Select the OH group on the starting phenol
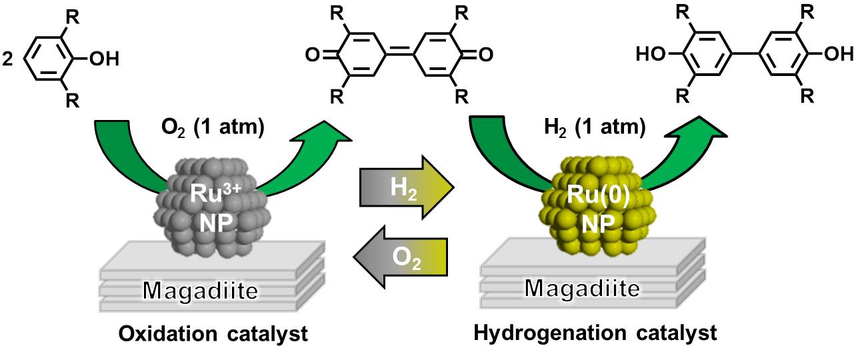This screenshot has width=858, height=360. pos(105,59)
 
